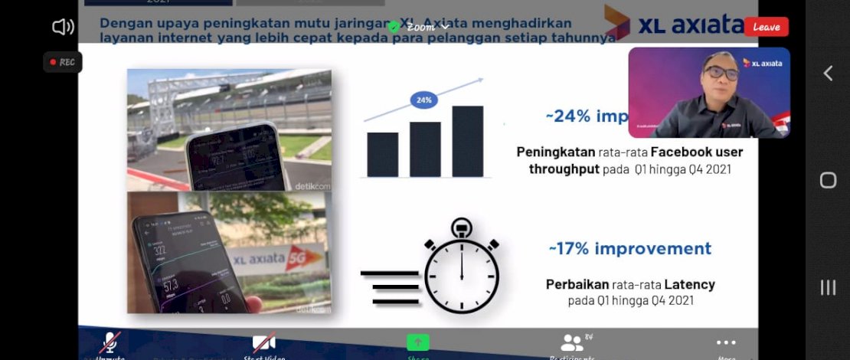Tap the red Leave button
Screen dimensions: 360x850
click(766, 27)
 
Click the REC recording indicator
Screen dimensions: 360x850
click(63, 62)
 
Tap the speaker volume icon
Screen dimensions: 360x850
click(63, 28)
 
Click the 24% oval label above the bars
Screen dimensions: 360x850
click(423, 100)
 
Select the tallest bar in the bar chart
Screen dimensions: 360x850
click(467, 142)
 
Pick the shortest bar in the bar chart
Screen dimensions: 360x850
click(382, 155)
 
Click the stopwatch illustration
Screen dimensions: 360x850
click(461, 269)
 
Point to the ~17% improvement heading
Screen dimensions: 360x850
click(629, 249)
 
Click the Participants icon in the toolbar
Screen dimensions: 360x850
click(572, 343)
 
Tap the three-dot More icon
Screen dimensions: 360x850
click(726, 342)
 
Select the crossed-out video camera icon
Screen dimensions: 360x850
click(264, 342)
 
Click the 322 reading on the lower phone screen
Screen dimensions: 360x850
click(159, 249)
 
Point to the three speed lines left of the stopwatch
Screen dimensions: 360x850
click(390, 287)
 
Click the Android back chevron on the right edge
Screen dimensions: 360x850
click(828, 73)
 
